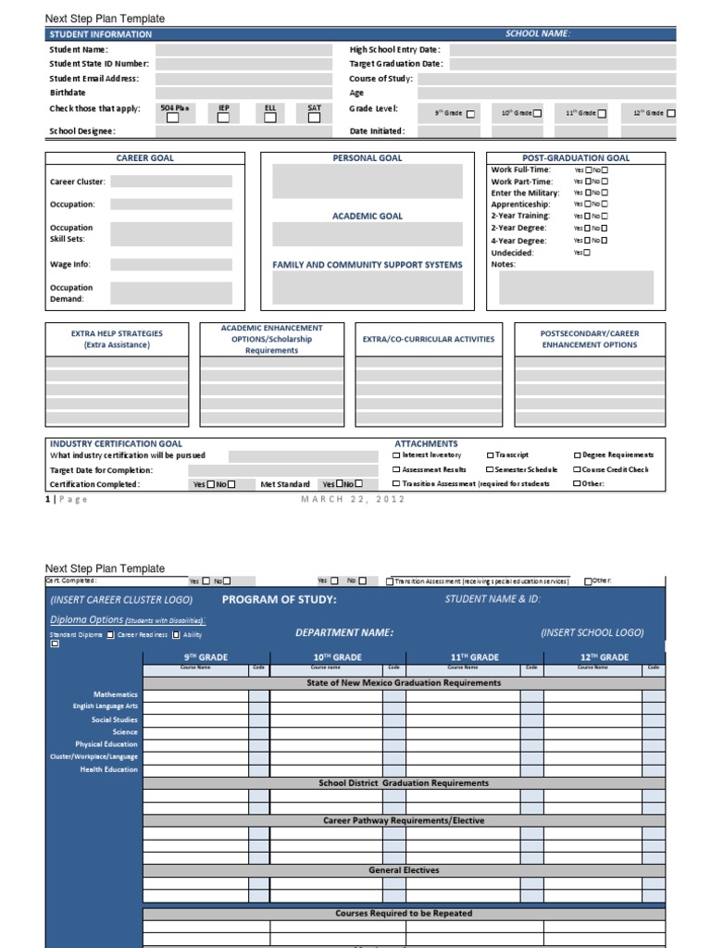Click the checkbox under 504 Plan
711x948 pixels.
(172, 118)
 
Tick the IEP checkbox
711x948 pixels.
(223, 118)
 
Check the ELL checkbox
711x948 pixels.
(269, 118)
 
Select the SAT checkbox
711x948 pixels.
(314, 118)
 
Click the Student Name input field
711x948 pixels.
(243, 50)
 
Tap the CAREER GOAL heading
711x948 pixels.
(144, 158)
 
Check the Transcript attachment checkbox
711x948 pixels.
(490, 455)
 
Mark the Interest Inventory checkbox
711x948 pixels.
(397, 455)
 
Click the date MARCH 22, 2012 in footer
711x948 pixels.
(354, 500)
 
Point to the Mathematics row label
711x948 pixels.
(115, 694)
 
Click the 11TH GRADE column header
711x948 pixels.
(474, 657)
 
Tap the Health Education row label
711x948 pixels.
(108, 769)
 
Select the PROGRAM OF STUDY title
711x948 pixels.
(280, 600)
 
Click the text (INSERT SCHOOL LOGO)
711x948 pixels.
(592, 632)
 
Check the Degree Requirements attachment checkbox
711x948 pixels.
(577, 455)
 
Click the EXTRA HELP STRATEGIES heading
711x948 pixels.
(117, 333)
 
